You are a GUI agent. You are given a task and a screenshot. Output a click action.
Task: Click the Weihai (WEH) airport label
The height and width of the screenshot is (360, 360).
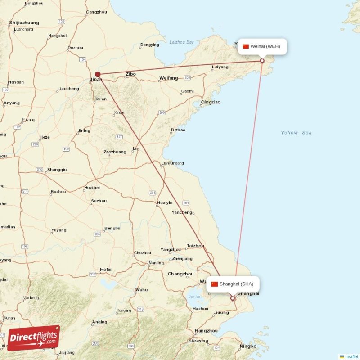(x=262, y=46)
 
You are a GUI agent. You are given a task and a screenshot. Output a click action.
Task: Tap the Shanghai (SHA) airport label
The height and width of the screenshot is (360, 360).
(x=233, y=284)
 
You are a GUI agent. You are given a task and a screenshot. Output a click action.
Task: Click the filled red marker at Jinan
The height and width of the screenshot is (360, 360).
(x=98, y=75)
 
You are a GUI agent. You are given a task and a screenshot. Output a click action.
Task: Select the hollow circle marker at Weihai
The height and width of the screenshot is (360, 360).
(x=262, y=61)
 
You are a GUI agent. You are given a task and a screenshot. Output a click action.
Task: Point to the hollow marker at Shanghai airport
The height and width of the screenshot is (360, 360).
(x=233, y=298)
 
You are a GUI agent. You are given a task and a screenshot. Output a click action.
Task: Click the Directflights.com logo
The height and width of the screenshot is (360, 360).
(x=34, y=337)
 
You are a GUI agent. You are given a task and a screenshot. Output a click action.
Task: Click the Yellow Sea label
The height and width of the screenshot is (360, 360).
(x=296, y=133)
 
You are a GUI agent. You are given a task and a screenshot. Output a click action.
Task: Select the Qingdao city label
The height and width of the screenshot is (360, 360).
(x=211, y=102)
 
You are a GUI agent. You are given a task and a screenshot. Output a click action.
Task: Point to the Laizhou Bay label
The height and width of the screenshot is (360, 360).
(x=181, y=42)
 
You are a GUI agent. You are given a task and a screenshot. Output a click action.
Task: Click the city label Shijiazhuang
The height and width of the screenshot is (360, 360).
(x=24, y=22)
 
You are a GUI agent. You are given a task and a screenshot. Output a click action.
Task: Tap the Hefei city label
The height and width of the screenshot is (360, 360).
(x=106, y=270)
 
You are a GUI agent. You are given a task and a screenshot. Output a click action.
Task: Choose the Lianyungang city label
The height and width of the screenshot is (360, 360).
(x=173, y=163)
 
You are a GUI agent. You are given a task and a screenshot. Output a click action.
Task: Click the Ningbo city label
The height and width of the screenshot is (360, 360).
(x=248, y=346)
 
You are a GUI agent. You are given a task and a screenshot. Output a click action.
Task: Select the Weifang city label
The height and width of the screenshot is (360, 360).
(x=168, y=78)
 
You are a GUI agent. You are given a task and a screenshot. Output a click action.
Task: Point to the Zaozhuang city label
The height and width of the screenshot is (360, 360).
(x=115, y=152)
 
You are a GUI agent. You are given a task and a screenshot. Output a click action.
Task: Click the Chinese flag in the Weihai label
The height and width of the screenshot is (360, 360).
(x=246, y=46)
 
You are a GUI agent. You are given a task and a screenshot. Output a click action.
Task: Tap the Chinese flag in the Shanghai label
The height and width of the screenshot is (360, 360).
(x=215, y=284)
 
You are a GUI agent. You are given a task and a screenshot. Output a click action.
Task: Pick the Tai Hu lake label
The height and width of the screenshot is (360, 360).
(x=194, y=297)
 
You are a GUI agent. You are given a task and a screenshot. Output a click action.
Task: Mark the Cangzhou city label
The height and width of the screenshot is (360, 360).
(x=97, y=12)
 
